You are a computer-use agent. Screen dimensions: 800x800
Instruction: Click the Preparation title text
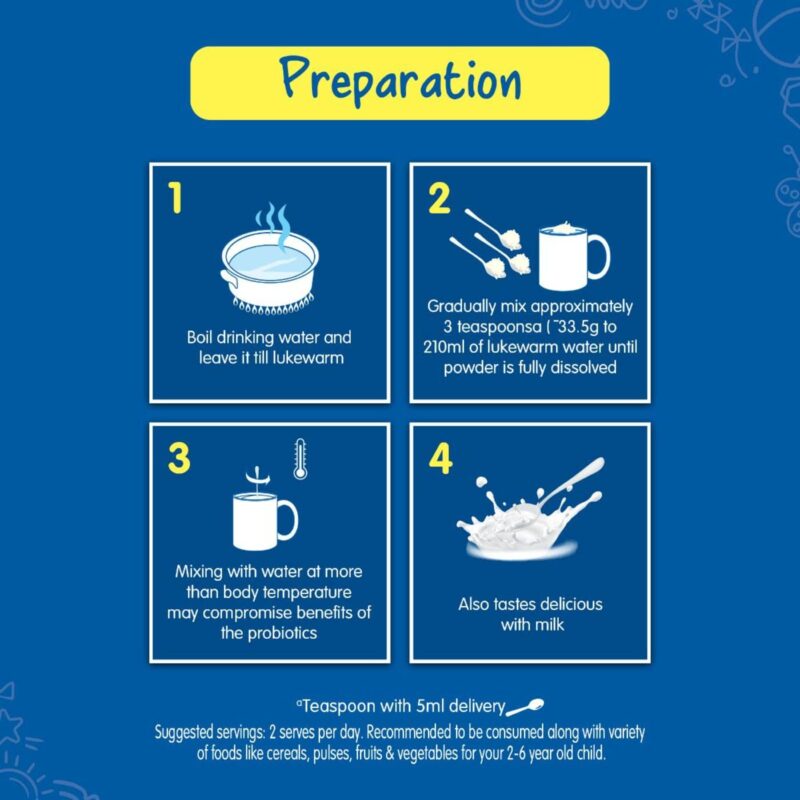[x=401, y=82]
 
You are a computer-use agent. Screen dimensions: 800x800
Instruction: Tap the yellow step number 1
[x=175, y=198]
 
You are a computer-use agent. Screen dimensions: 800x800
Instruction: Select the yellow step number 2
[x=439, y=198]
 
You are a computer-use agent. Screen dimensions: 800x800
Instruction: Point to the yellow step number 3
[x=179, y=458]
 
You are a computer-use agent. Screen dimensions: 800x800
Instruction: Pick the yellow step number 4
[x=440, y=458]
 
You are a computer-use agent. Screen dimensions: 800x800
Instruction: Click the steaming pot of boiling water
[x=270, y=269]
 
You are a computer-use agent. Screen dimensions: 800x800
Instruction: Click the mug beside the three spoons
[x=574, y=257]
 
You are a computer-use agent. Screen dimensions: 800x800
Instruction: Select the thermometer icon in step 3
[x=301, y=459]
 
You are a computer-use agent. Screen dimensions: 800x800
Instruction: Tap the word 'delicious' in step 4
[x=571, y=604]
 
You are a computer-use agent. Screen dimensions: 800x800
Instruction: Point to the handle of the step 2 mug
[x=601, y=257]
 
